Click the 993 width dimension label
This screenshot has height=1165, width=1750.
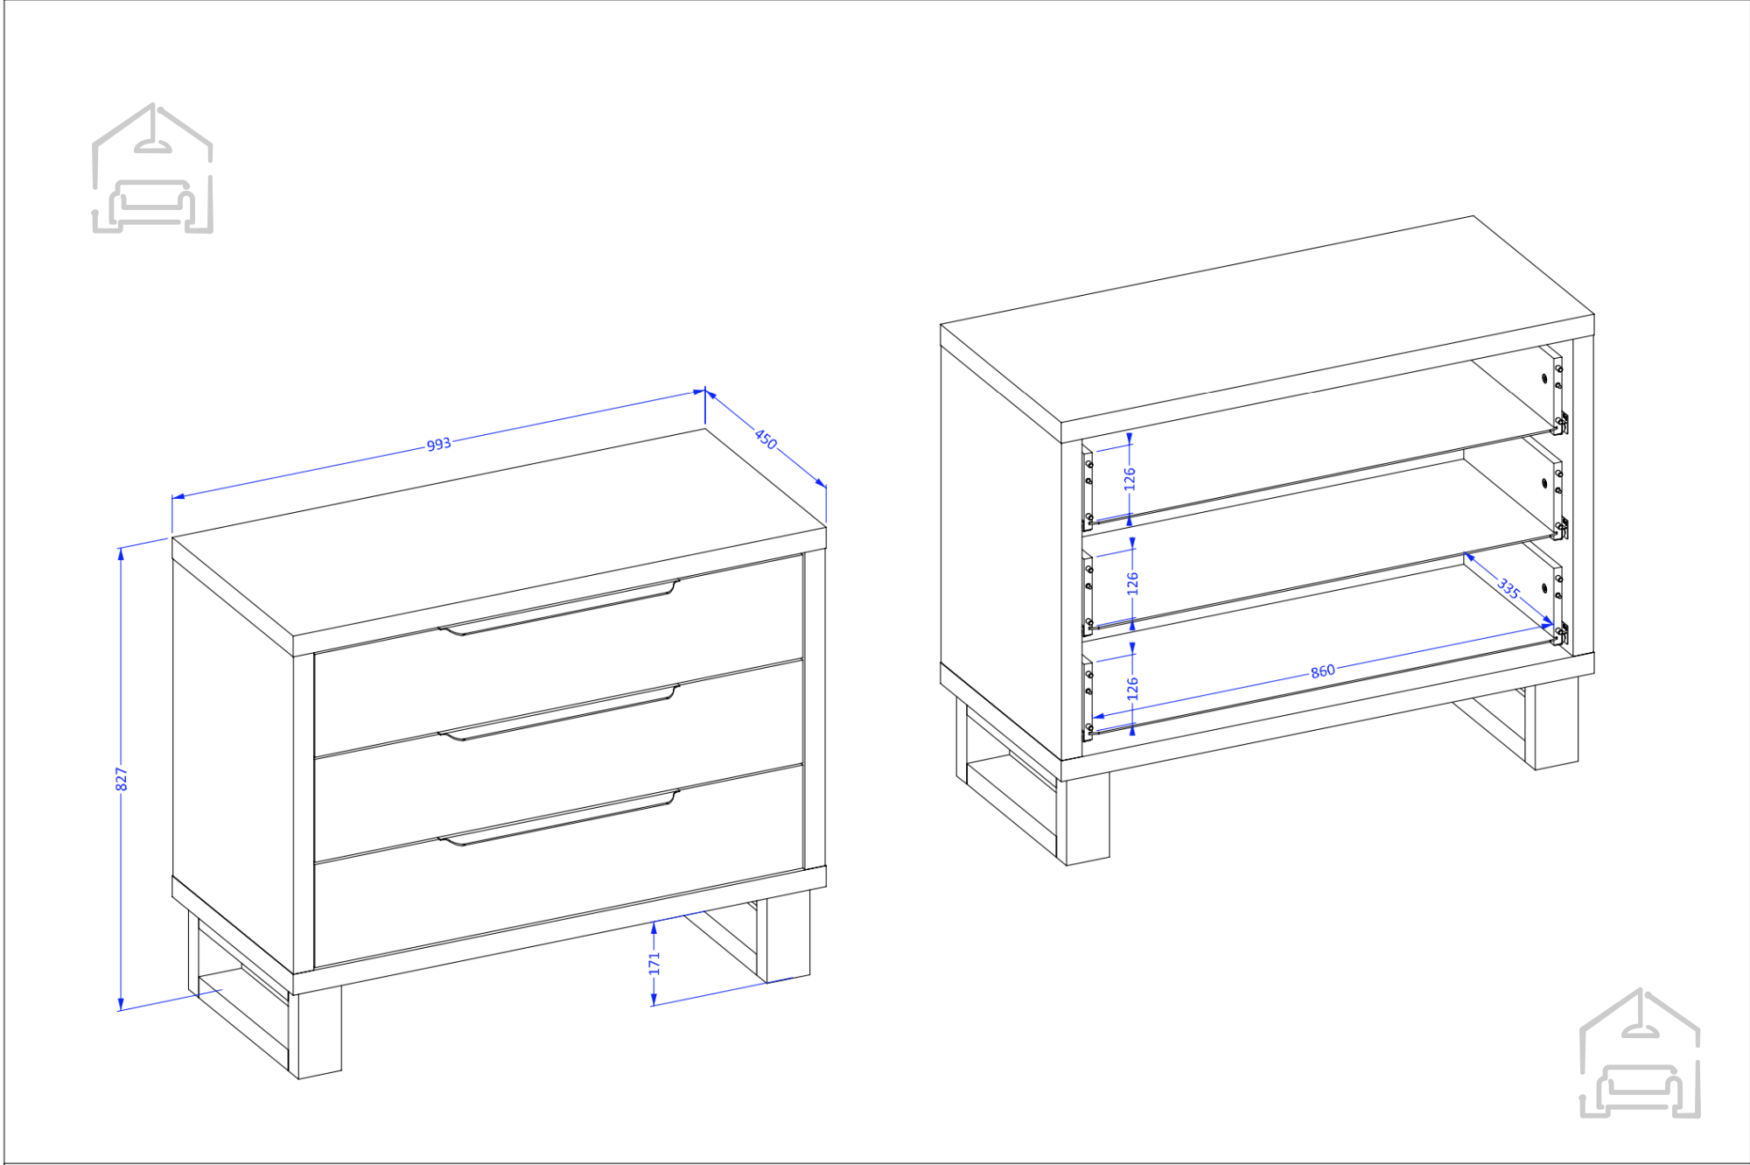click(438, 445)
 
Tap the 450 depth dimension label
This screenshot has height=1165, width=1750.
click(766, 439)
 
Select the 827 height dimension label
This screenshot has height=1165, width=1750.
click(122, 779)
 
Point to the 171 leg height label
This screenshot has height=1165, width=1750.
click(654, 964)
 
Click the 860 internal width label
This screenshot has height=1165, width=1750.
click(1323, 671)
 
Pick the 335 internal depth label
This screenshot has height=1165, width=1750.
click(1508, 588)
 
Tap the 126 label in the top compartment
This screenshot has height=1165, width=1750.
click(1130, 479)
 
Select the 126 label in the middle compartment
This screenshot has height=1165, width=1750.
click(1132, 584)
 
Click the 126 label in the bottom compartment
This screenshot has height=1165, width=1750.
click(1132, 689)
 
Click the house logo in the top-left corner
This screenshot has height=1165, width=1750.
click(152, 168)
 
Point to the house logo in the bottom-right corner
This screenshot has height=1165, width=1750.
click(1640, 1053)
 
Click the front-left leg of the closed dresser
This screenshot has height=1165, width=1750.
click(316, 1033)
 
